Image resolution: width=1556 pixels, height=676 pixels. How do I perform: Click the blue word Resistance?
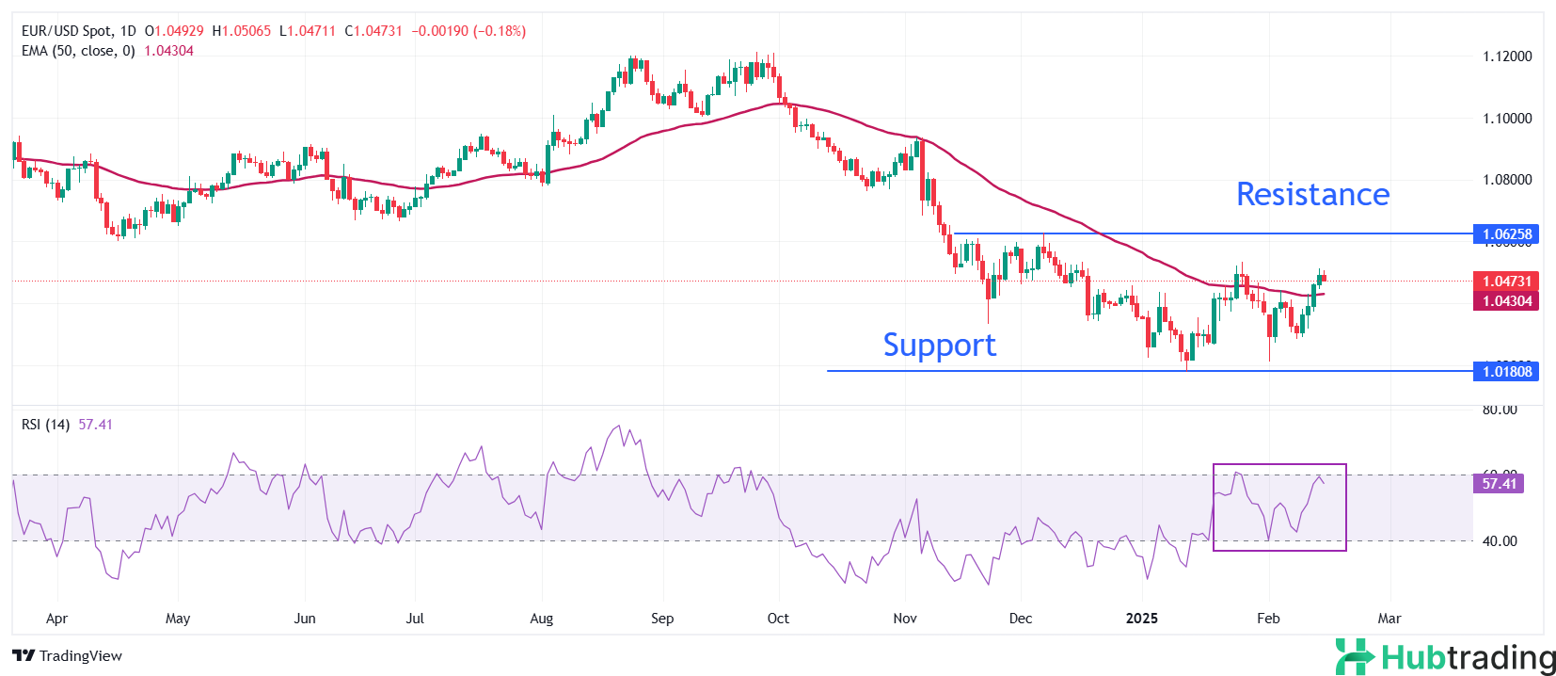coord(1312,194)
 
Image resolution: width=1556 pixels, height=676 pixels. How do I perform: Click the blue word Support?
coord(939,346)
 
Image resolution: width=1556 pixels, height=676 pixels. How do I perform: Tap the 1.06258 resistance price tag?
coord(1506,233)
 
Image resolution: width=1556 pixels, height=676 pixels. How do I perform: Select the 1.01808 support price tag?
coord(1506,371)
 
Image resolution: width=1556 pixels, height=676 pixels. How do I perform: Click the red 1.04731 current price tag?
coord(1506,281)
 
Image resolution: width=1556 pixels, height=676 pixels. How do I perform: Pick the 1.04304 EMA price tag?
coord(1506,301)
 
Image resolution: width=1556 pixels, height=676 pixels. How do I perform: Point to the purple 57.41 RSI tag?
coord(1499,483)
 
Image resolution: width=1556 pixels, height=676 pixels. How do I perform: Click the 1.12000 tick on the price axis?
coord(1507,56)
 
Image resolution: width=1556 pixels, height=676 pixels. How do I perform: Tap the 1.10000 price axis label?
coord(1507,119)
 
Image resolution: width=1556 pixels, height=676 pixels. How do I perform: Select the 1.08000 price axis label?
coord(1507,180)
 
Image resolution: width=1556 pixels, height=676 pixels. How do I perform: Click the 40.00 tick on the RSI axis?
coord(1500,541)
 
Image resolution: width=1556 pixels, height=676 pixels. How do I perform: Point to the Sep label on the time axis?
coord(662,619)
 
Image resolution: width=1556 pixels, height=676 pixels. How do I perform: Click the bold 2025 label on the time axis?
coord(1142,619)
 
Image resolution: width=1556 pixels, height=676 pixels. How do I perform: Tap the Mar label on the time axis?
coord(1389,619)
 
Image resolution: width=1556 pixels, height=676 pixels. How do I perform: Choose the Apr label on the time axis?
coord(56,619)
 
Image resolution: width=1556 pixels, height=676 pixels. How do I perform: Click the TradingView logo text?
coord(68,655)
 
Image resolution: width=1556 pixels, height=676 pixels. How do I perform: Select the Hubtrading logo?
coord(1446,656)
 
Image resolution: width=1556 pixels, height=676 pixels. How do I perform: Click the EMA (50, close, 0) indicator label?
coord(78,51)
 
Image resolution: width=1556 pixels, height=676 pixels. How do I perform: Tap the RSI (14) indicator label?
coord(45,425)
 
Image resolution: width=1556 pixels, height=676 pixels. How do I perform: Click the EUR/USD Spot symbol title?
coord(67,31)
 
